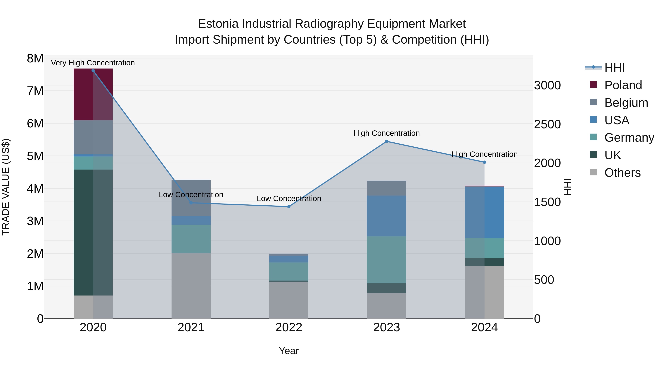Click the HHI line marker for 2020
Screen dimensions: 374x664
[x=93, y=71]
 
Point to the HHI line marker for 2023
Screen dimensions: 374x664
[x=386, y=141]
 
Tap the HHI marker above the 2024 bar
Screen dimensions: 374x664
[x=484, y=162]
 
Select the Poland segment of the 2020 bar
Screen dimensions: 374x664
[x=93, y=94]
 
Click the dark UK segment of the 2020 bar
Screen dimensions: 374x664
[x=93, y=232]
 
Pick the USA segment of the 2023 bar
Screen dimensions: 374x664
[x=386, y=216]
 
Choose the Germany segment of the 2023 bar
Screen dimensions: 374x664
[x=386, y=260]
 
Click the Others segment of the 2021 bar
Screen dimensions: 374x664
[x=191, y=286]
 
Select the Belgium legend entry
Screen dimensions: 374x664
[x=626, y=103]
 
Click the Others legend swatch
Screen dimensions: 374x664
[x=593, y=172]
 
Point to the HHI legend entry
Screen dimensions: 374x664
[x=615, y=68]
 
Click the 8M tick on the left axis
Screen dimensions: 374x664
[x=35, y=59]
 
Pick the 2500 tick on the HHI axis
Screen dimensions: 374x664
[x=547, y=124]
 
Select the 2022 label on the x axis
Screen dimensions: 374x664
[x=289, y=327]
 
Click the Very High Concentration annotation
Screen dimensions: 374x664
[x=93, y=63]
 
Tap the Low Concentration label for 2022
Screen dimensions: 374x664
[x=289, y=199]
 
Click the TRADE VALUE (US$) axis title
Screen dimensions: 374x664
[x=6, y=187]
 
